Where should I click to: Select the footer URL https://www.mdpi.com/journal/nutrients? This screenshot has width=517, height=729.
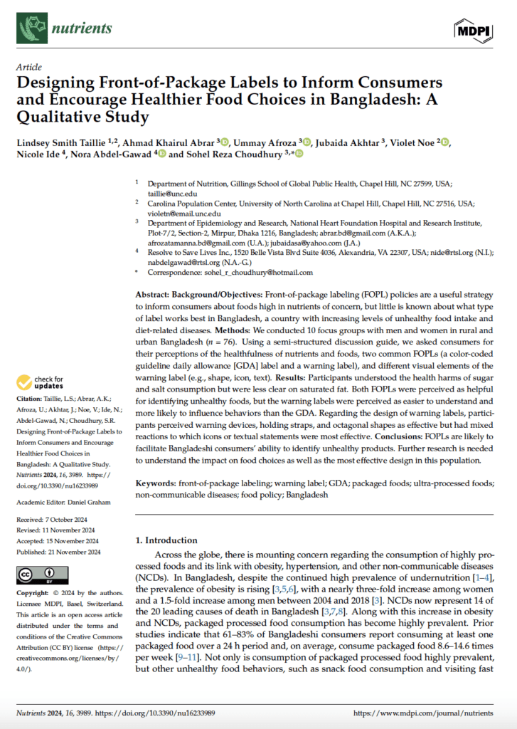coord(422,712)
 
